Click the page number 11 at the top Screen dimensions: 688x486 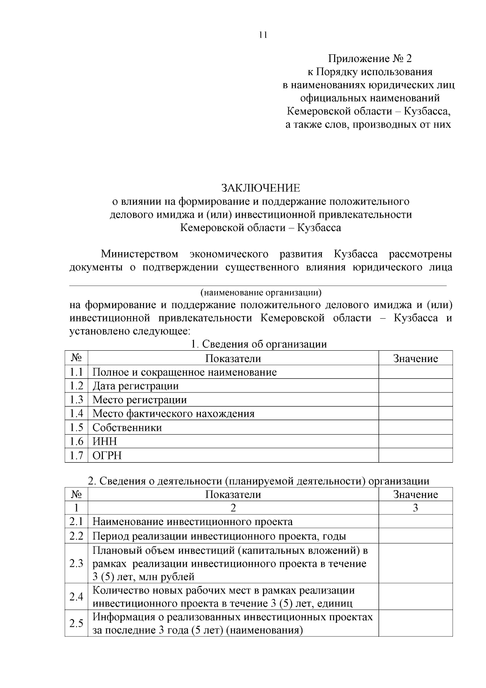pyautogui.click(x=263, y=35)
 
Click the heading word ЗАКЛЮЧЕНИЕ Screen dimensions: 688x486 pyautogui.click(x=260, y=188)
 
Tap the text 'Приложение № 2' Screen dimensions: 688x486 pyautogui.click(x=369, y=59)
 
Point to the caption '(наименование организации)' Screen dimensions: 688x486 pyautogui.click(x=261, y=292)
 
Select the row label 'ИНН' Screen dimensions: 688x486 pyautogui.click(x=104, y=442)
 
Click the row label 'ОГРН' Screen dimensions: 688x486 pyautogui.click(x=107, y=456)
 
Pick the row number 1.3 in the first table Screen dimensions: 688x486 pyautogui.click(x=76, y=400)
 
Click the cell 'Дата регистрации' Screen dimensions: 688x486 pyautogui.click(x=136, y=386)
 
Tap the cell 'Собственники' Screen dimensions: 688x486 pyautogui.click(x=127, y=428)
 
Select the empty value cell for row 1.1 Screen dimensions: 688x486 pyautogui.click(x=415, y=372)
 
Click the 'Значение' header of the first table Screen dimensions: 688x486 pyautogui.click(x=416, y=358)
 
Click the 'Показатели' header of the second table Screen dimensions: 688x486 pyautogui.click(x=233, y=495)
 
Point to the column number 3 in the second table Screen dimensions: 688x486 pyautogui.click(x=415, y=508)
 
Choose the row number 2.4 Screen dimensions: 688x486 pyautogui.click(x=76, y=597)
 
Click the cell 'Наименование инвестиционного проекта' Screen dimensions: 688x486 pyautogui.click(x=192, y=522)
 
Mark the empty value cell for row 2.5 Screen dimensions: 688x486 pyautogui.click(x=415, y=624)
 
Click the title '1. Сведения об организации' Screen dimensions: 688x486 pyautogui.click(x=258, y=344)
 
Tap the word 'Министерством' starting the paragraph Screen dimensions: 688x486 pyautogui.click(x=139, y=254)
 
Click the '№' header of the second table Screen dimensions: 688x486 pyautogui.click(x=76, y=495)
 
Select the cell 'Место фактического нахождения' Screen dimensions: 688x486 pyautogui.click(x=173, y=414)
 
